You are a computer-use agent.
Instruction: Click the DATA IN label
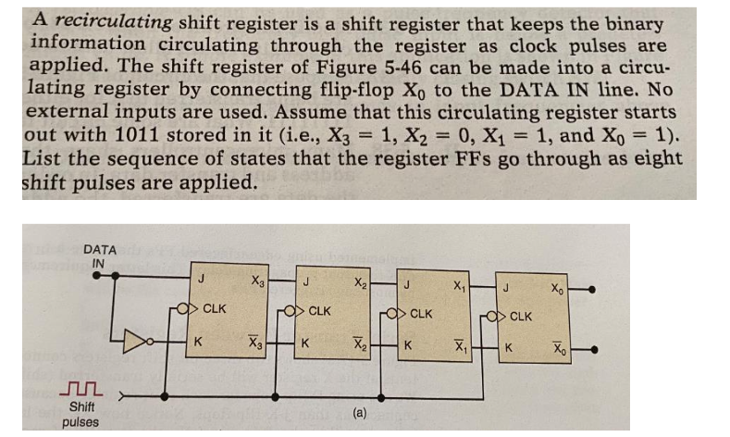click(100, 256)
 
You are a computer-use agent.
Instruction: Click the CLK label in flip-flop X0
click(521, 317)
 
